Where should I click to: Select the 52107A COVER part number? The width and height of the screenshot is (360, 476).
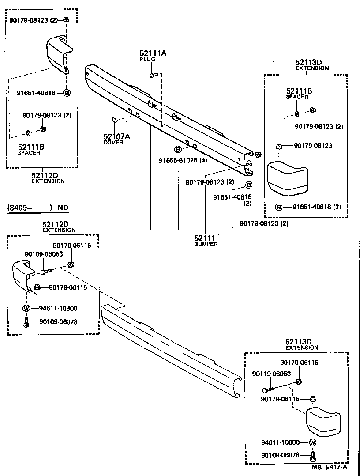116,137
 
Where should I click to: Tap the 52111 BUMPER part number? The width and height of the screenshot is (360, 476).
206,238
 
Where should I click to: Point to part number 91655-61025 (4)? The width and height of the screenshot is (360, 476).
183,160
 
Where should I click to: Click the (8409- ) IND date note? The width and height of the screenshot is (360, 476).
37,208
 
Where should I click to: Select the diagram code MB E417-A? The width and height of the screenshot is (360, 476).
330,467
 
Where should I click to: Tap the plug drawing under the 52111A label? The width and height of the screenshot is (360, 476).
152,76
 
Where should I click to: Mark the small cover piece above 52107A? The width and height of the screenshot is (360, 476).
113,119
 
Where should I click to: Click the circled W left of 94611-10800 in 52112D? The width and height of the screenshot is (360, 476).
26,308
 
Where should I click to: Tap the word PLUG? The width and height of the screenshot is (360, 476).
147,59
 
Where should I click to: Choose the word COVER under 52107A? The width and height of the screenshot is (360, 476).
113,143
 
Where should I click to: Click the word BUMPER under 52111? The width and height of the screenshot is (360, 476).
206,244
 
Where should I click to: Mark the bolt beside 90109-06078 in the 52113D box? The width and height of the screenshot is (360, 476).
313,456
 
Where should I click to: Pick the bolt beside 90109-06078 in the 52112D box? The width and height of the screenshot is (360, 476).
26,322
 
